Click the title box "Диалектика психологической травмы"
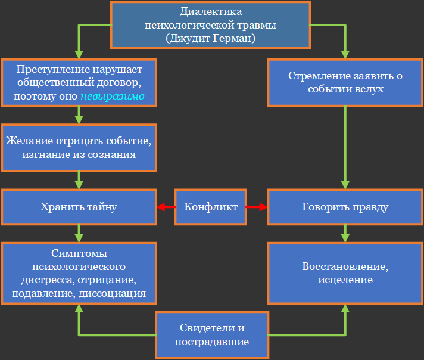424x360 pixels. pyautogui.click(x=211, y=25)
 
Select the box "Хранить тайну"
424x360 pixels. pyautogui.click(x=79, y=207)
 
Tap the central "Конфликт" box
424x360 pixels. pyautogui.click(x=211, y=207)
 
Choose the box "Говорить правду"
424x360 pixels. pyautogui.click(x=345, y=207)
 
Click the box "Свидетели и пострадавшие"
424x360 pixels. pyautogui.click(x=212, y=335)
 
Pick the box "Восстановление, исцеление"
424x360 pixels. pyautogui.click(x=345, y=273)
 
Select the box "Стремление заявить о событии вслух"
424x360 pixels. pyautogui.click(x=345, y=82)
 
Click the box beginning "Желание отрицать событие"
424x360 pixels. pyautogui.click(x=79, y=148)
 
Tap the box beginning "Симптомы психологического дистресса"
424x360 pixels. pyautogui.click(x=79, y=273)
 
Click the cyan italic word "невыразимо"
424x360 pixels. pyautogui.click(x=113, y=96)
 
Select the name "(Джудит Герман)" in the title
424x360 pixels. pyautogui.click(x=211, y=38)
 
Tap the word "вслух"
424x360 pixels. pyautogui.click(x=368, y=89)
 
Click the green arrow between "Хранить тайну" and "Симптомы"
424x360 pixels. pyautogui.click(x=79, y=232)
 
